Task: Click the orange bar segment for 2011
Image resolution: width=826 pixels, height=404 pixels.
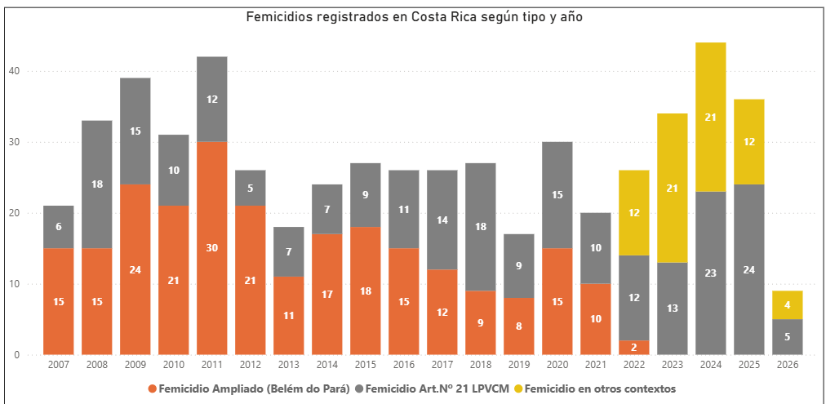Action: point(211,248)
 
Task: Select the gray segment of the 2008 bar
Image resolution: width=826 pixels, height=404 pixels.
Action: point(96,184)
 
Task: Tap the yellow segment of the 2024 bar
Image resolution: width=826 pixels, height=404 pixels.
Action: point(710,117)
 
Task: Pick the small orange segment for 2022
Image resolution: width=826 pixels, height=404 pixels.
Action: point(633,348)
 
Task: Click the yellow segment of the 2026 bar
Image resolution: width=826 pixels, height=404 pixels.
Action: point(787,305)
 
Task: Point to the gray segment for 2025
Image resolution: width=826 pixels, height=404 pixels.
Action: point(748,269)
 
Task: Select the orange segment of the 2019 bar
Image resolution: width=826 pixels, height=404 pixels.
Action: point(518,326)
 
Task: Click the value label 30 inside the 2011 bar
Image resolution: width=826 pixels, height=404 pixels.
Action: point(211,248)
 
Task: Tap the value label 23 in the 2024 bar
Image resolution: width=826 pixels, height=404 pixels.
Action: point(710,273)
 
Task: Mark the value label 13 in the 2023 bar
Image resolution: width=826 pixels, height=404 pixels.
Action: point(672,309)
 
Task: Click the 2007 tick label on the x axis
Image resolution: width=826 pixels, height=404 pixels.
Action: point(58,366)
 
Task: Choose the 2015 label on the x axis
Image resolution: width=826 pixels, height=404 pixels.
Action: point(365,366)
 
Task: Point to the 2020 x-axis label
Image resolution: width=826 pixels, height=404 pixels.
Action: point(557,366)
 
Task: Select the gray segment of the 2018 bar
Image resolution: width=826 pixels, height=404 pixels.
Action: point(480,227)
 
